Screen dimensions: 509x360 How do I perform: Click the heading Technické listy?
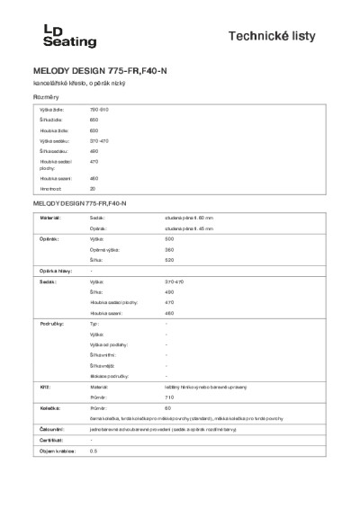coord(290,35)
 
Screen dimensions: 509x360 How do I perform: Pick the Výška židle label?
coord(51,109)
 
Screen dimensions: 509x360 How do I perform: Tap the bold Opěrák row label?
coord(49,240)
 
